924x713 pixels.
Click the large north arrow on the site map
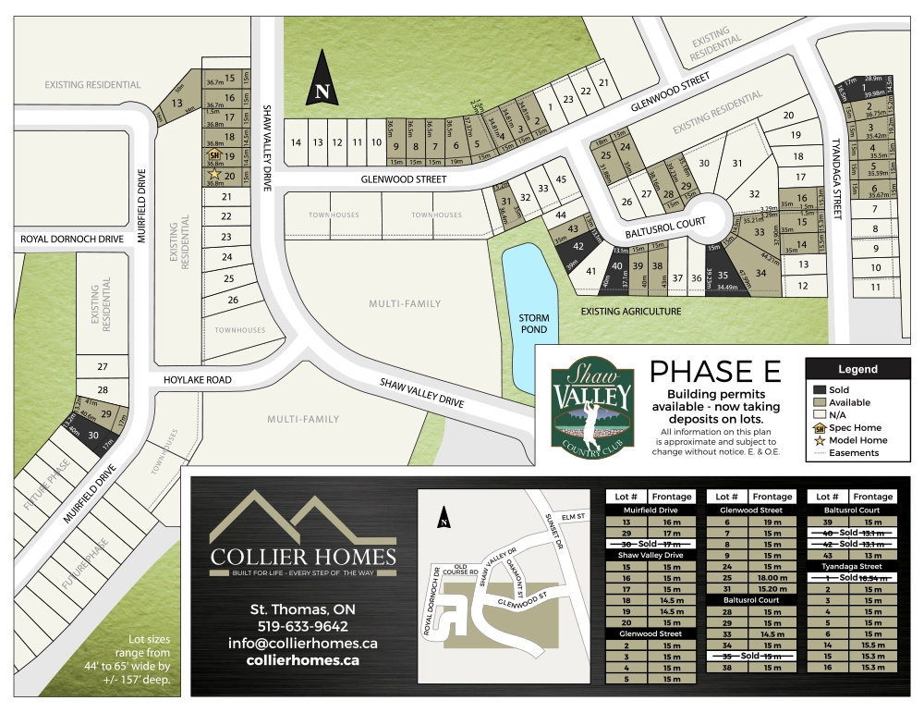tap(321, 79)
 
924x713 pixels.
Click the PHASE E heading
tap(715, 372)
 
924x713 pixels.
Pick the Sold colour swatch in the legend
tap(819, 389)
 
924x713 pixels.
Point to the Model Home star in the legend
tap(819, 440)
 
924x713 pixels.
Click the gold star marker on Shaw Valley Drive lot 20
tap(214, 174)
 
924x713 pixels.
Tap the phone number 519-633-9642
tap(302, 626)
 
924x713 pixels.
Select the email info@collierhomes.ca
tap(302, 643)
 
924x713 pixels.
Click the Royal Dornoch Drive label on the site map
tap(72, 240)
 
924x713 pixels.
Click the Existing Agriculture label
tap(631, 311)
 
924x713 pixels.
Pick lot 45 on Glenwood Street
tap(560, 178)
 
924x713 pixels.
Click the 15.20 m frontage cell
tap(772, 588)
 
